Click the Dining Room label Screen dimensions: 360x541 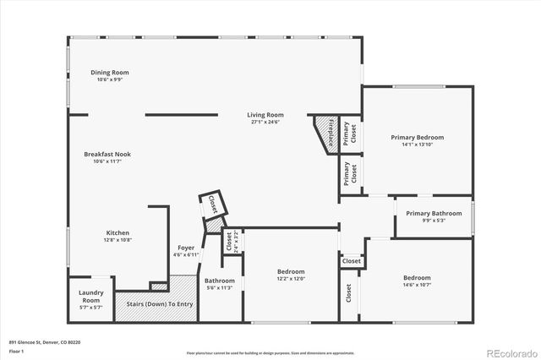[109, 73]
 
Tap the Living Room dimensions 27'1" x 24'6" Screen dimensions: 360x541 [265, 123]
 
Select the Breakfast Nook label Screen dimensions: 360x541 [107, 154]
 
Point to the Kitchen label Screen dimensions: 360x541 [117, 232]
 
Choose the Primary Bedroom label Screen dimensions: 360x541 [417, 137]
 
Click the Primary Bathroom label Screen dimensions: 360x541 [434, 213]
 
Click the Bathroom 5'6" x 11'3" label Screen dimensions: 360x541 [219, 281]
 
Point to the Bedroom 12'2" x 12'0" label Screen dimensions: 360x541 [290, 272]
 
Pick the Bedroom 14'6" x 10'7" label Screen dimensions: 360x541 [416, 278]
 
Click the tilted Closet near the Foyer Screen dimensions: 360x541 [211, 204]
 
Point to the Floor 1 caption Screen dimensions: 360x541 [16, 350]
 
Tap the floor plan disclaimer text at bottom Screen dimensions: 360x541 [270, 352]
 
